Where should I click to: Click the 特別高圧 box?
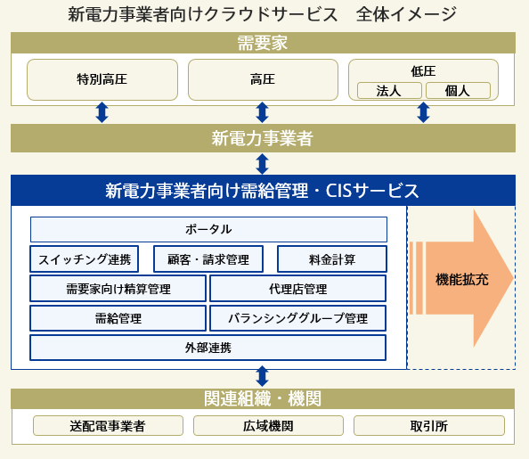pos(102,79)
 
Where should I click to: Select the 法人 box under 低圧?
pos(389,91)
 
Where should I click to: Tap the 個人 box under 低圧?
pos(458,91)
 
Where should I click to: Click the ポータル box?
pos(208,229)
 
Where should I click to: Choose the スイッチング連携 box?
pos(85,259)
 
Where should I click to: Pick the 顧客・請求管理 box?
pos(208,259)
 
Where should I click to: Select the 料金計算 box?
pos(332,259)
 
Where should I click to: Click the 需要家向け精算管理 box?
pos(118,289)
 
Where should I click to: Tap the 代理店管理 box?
pos(298,289)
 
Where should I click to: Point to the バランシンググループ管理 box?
pos(298,318)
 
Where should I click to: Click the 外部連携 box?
pos(208,348)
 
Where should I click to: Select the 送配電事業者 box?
pos(108,425)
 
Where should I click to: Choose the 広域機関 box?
pos(268,425)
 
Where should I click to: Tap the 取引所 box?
pos(429,425)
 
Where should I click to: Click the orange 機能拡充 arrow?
pos(461,278)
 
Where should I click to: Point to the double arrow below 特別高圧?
pos(102,112)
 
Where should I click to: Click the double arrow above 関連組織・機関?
pos(262,376)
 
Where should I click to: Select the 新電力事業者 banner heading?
pos(262,138)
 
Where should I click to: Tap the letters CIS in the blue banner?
pos(338,191)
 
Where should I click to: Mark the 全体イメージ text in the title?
pos(406,14)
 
